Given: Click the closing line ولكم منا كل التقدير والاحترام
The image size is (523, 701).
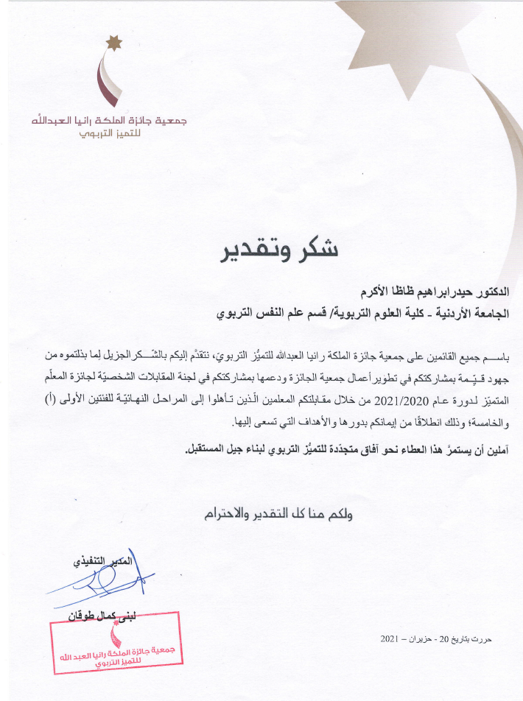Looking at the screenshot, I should (x=278, y=515).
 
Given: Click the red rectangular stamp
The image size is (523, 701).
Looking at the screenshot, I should (x=116, y=646).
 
